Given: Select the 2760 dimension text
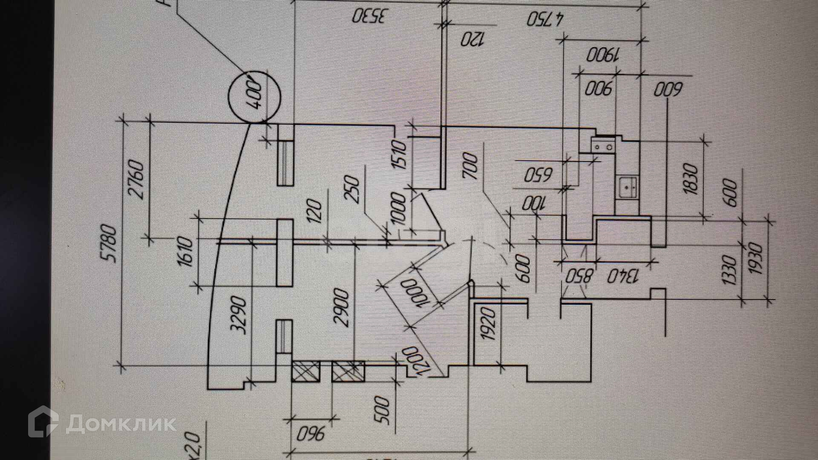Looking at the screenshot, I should tap(137, 179).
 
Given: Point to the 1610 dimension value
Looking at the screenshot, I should tap(186, 252).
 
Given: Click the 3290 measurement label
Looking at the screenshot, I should tap(239, 316).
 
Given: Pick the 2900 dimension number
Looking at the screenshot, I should tap(342, 308).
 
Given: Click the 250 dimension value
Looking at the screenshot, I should tap(353, 190).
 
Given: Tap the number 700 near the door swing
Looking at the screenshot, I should tap(470, 166).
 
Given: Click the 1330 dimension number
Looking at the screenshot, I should tap(729, 270).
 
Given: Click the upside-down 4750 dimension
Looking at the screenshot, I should tap(545, 19).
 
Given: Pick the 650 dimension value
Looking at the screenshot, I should tap(538, 175).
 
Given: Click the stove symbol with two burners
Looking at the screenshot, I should tap(603, 147).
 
